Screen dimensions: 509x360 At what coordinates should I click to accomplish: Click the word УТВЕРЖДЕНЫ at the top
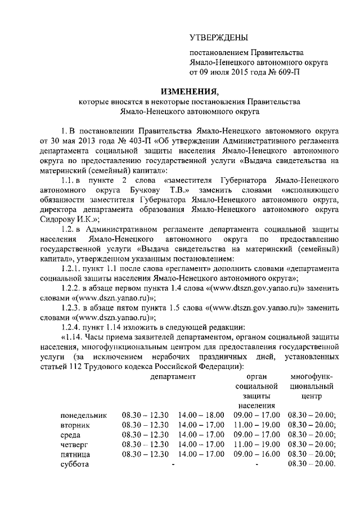pyautogui.click(x=219, y=38)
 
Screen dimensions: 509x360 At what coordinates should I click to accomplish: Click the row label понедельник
pyautogui.click(x=83, y=415)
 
